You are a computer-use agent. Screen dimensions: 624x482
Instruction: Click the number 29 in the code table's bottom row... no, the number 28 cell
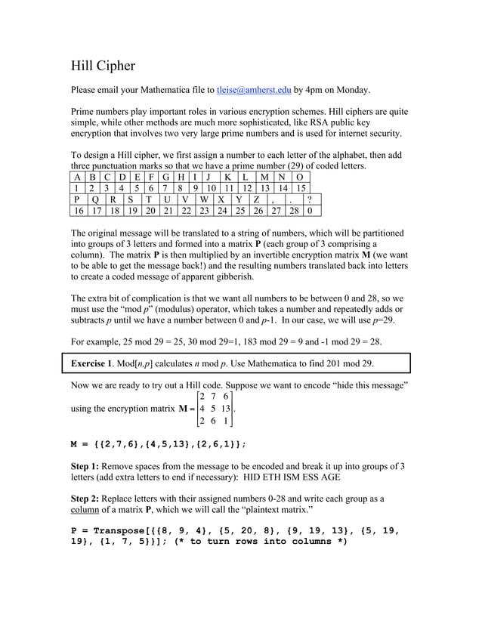293,212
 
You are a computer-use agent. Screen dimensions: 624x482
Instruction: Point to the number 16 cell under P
79,212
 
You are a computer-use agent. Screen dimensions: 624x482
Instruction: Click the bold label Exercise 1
99,363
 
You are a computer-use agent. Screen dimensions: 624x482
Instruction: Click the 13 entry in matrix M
225,409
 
